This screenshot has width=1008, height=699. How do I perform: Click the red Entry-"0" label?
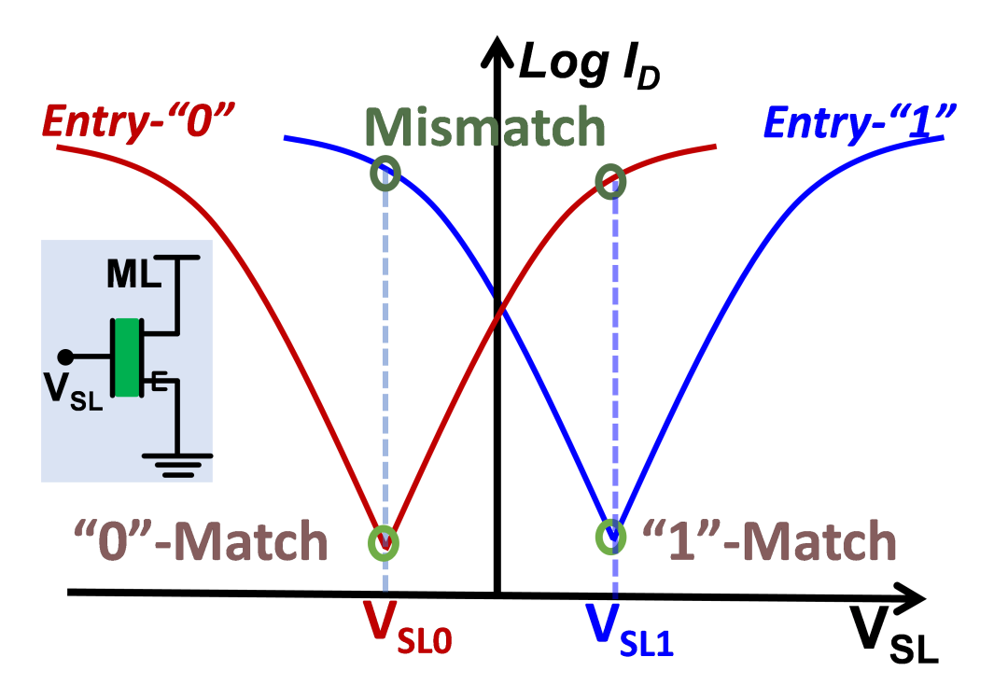pyautogui.click(x=138, y=122)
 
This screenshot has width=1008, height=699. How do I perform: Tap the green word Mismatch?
pyautogui.click(x=484, y=127)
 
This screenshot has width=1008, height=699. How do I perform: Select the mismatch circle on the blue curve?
pyautogui.click(x=385, y=173)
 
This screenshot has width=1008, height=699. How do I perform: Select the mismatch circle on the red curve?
pyautogui.click(x=610, y=182)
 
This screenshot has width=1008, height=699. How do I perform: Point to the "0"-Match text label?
pyautogui.click(x=202, y=542)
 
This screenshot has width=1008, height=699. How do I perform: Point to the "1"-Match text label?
pyautogui.click(x=770, y=540)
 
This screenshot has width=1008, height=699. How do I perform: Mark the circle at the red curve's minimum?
pyautogui.click(x=384, y=542)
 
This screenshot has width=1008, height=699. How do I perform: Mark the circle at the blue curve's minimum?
pyautogui.click(x=610, y=536)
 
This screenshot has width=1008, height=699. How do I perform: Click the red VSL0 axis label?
pyautogui.click(x=407, y=629)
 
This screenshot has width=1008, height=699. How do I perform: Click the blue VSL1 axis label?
pyautogui.click(x=629, y=629)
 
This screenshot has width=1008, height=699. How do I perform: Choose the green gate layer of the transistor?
pyautogui.click(x=126, y=357)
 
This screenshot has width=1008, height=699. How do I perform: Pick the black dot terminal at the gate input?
pyautogui.click(x=64, y=356)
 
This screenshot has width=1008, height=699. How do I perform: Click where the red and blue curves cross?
pyautogui.click(x=502, y=311)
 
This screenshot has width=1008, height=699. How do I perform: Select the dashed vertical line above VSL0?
pyautogui.click(x=385, y=355)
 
